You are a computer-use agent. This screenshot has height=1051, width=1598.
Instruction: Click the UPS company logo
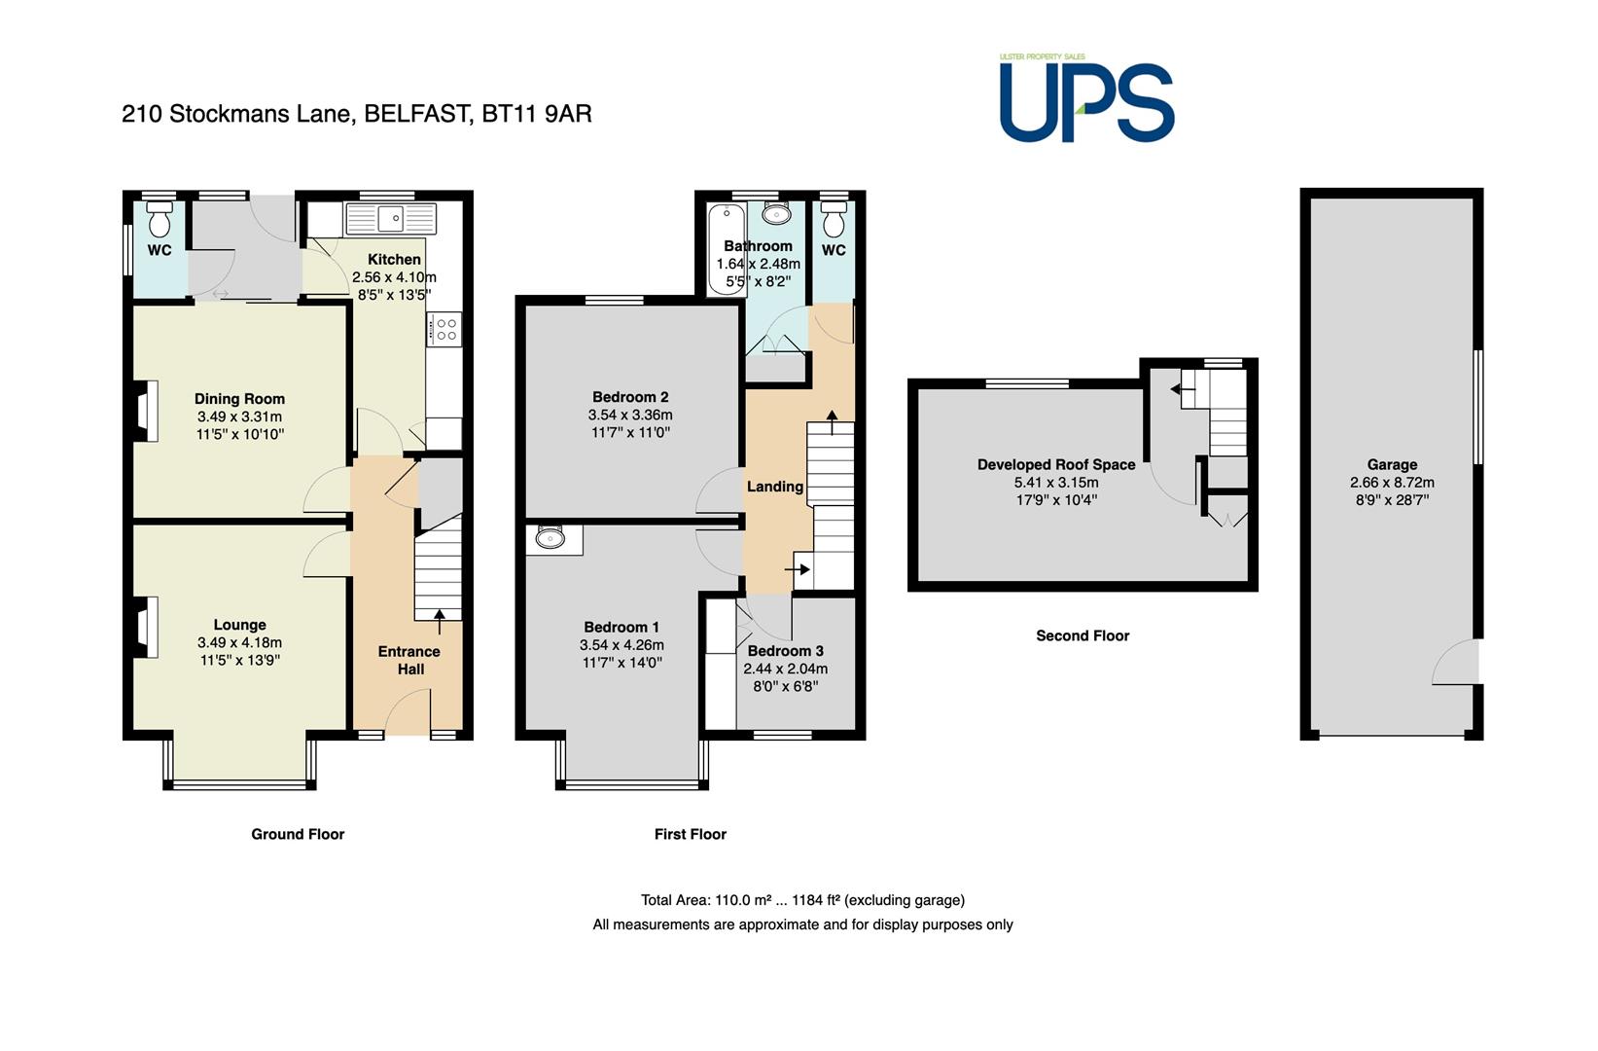(1086, 97)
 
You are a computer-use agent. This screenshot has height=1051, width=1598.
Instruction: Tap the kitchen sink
(390, 219)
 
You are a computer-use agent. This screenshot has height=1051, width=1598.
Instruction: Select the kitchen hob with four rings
(444, 330)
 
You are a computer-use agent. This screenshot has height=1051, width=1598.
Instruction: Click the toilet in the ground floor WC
(160, 219)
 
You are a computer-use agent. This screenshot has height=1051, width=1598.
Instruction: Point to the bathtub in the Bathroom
(727, 250)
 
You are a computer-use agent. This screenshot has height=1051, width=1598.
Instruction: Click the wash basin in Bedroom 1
(550, 537)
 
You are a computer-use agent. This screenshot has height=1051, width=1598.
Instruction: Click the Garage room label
(1392, 464)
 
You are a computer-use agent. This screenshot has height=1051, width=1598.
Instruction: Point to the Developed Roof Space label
(1056, 464)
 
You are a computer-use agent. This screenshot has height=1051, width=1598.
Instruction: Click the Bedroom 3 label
(786, 650)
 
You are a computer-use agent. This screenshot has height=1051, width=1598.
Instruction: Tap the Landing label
(775, 487)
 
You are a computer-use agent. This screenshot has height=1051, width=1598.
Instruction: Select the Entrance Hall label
(409, 661)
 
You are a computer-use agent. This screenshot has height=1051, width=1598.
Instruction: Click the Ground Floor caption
(298, 834)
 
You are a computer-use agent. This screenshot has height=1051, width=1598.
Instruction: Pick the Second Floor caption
(1083, 635)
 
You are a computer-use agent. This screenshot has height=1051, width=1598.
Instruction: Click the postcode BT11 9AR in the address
(537, 114)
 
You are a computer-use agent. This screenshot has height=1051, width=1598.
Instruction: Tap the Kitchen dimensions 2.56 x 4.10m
(394, 277)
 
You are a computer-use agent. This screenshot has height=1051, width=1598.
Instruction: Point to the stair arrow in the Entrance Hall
(439, 622)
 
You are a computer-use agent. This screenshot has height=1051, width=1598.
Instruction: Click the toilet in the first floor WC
(834, 219)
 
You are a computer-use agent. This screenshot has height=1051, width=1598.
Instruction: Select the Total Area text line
(802, 899)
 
